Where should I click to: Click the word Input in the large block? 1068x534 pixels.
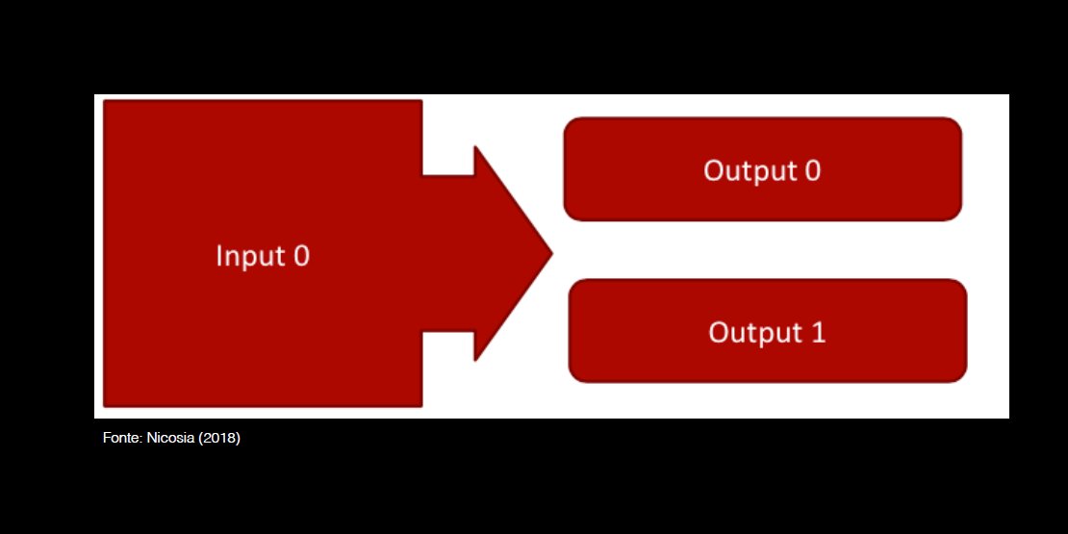coord(249,257)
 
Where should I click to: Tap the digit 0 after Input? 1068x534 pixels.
coord(300,257)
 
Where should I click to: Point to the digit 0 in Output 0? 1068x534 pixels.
coord(812,170)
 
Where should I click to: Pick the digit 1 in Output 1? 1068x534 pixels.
coord(818,332)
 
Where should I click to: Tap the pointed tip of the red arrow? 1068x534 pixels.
coord(550,254)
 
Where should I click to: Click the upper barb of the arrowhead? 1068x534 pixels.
coord(475,149)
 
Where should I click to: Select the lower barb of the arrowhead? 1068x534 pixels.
coord(475,359)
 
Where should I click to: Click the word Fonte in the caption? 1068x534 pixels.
coord(121,439)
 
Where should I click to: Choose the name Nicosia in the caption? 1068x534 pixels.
coord(170,439)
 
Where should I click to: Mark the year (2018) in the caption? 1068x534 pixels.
coord(219,439)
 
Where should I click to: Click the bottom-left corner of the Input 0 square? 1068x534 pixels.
coord(105,405)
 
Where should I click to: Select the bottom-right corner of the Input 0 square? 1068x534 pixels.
coord(420,405)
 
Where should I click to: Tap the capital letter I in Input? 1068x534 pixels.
coord(219,257)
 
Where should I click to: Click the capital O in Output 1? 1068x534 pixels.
coord(718,332)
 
